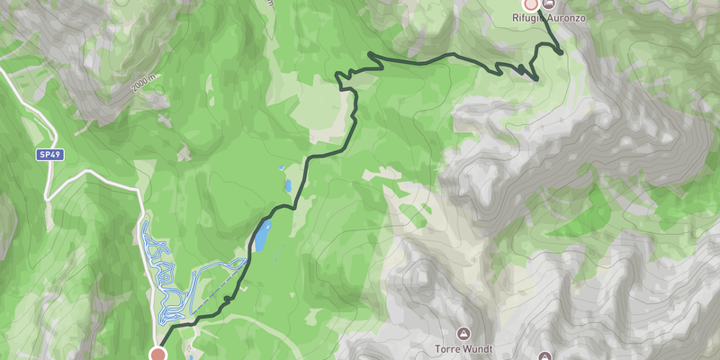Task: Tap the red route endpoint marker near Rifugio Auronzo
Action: (531, 4)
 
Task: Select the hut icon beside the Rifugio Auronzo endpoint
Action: (549, 4)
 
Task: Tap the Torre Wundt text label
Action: (463, 348)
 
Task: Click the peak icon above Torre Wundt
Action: (463, 333)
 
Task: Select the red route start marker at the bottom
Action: (159, 354)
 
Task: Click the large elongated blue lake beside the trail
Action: (261, 236)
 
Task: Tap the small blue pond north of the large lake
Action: (288, 187)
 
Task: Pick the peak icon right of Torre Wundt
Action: (544, 356)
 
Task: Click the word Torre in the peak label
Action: (446, 348)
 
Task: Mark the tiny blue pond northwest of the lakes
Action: (282, 167)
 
